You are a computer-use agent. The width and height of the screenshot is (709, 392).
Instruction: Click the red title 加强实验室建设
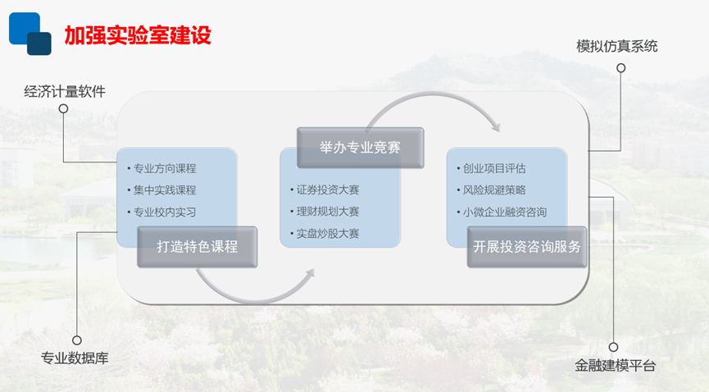pyautogui.click(x=138, y=35)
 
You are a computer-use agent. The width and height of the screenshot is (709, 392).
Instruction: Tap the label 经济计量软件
pyautogui.click(x=65, y=91)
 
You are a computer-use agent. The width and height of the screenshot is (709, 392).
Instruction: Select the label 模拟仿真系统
pyautogui.click(x=616, y=46)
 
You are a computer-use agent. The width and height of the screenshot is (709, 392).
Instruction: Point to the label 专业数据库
pyautogui.click(x=75, y=358)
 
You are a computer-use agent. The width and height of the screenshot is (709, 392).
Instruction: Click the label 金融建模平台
pyautogui.click(x=615, y=365)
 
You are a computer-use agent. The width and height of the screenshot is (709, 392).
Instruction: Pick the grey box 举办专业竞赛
pyautogui.click(x=360, y=148)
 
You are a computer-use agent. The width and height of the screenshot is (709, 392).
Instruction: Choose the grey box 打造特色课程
pyautogui.click(x=198, y=247)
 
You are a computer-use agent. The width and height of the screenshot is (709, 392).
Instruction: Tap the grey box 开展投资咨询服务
pyautogui.click(x=527, y=247)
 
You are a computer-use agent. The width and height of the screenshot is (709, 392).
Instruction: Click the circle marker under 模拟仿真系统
pyautogui.click(x=621, y=68)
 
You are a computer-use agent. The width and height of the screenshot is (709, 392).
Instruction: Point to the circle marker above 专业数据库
pyautogui.click(x=77, y=340)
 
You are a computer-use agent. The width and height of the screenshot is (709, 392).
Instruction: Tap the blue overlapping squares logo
pyautogui.click(x=30, y=34)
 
